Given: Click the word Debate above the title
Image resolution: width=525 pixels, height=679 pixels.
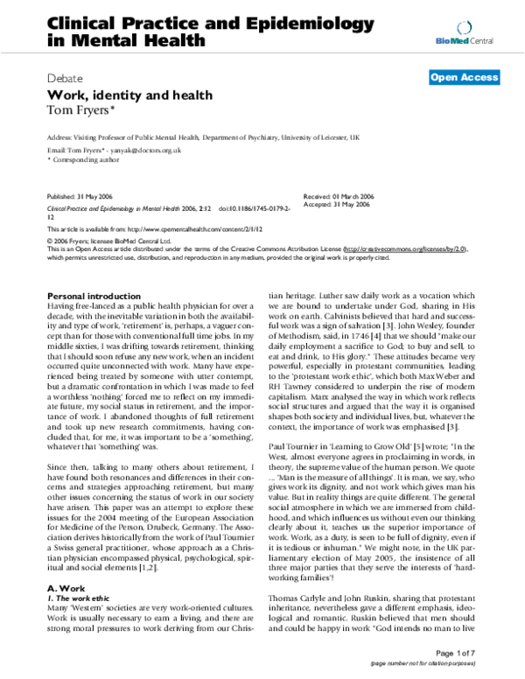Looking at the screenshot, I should coord(66,77).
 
